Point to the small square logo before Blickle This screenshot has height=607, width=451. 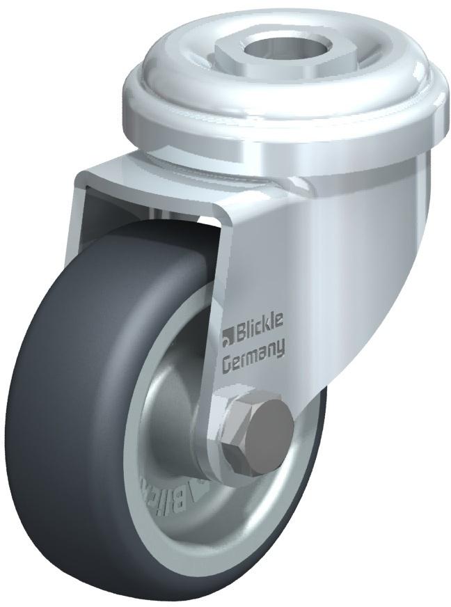click(227, 340)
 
